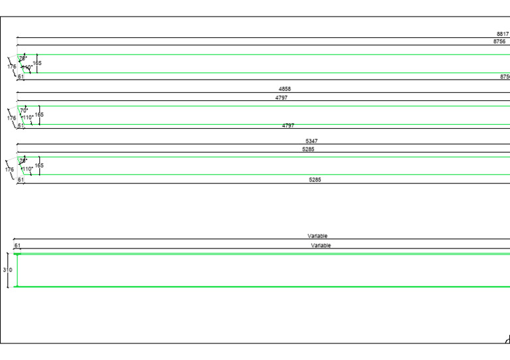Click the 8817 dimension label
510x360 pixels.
pyautogui.click(x=503, y=34)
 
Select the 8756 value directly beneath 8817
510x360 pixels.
pyautogui.click(x=499, y=41)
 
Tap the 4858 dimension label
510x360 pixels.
pyautogui.click(x=284, y=89)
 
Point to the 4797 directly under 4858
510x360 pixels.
pyautogui.click(x=282, y=98)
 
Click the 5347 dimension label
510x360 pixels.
pyautogui.click(x=311, y=141)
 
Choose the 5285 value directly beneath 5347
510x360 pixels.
pyautogui.click(x=308, y=149)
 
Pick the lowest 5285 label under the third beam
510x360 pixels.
pyautogui.click(x=315, y=180)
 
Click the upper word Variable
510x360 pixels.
pyautogui.click(x=317, y=236)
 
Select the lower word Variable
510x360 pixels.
pyautogui.click(x=321, y=245)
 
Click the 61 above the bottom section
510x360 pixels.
pyautogui.click(x=17, y=246)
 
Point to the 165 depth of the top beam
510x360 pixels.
pyautogui.click(x=37, y=63)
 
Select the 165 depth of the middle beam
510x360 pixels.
pyautogui.click(x=39, y=115)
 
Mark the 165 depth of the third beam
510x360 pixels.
pyautogui.click(x=39, y=165)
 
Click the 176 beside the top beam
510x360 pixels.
pyautogui.click(x=11, y=67)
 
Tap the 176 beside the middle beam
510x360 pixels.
pyautogui.click(x=11, y=118)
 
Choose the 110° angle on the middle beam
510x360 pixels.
pyautogui.click(x=27, y=118)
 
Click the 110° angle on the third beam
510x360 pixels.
pyautogui.click(x=27, y=169)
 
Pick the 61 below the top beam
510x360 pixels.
pyautogui.click(x=21, y=77)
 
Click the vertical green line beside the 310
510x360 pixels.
pyautogui.click(x=17, y=270)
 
